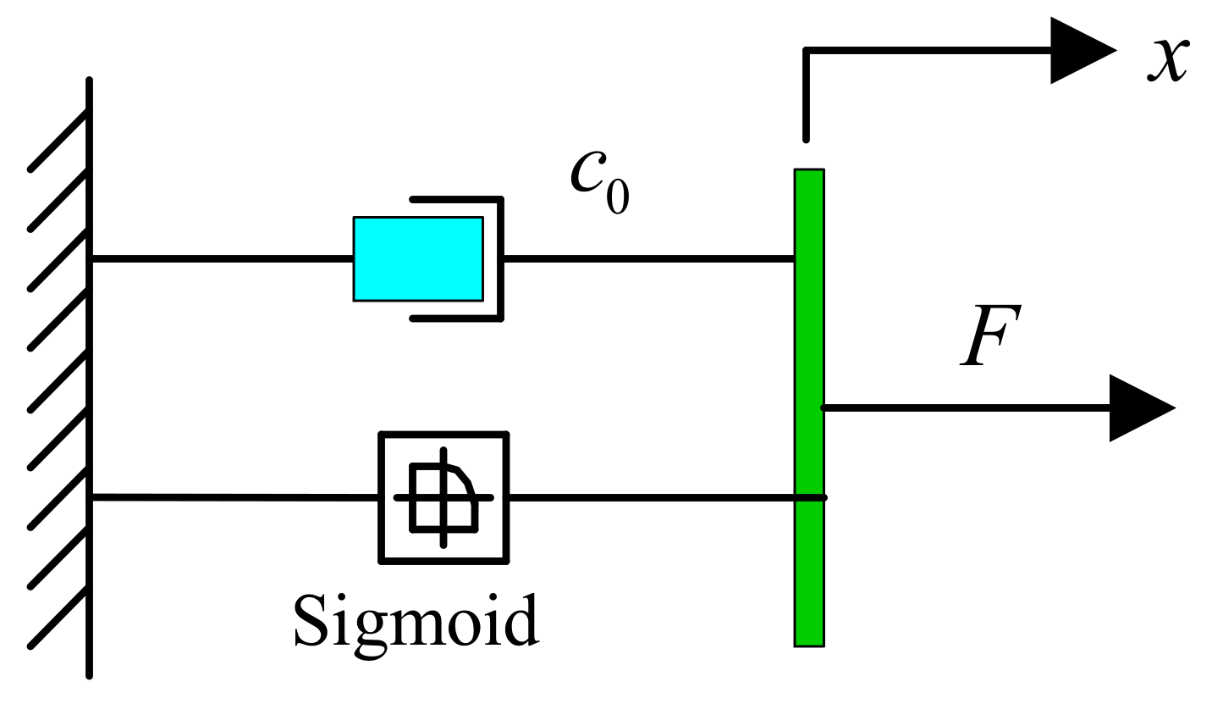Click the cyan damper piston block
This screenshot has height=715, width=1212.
pyautogui.click(x=418, y=258)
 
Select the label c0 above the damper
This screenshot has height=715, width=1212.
pyautogui.click(x=598, y=182)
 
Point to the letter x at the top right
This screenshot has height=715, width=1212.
pyautogui.click(x=1169, y=58)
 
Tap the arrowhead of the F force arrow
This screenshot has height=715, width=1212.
pyautogui.click(x=1139, y=408)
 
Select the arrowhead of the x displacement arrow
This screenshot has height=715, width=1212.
pyautogui.click(x=1080, y=51)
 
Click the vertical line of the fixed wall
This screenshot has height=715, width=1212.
pyautogui.click(x=89, y=381)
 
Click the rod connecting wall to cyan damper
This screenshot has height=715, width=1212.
pyautogui.click(x=220, y=258)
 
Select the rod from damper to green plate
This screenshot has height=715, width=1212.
pyautogui.click(x=647, y=258)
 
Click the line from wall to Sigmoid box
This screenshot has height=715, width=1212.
pyautogui.click(x=233, y=497)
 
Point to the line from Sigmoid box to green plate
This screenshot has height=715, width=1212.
pyautogui.click(x=652, y=497)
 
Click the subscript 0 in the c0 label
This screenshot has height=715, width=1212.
pyautogui.click(x=617, y=197)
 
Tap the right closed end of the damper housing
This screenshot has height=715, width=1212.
pyautogui.click(x=501, y=258)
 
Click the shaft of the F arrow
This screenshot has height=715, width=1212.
pyautogui.click(x=965, y=408)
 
